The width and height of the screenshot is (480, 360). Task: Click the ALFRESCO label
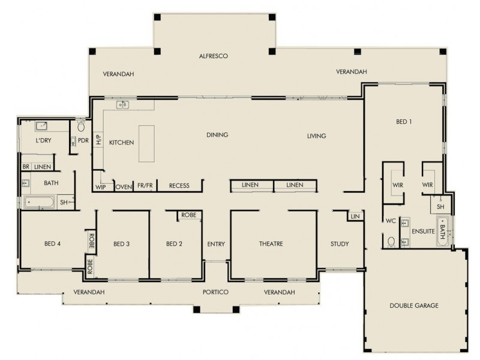[214, 56]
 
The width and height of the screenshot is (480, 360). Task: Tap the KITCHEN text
[121, 142]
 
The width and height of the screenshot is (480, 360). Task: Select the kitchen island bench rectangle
[146, 143]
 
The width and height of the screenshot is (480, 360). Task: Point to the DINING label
[217, 135]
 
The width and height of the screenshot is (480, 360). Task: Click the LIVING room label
[316, 136]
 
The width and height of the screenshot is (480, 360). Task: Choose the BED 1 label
[404, 121]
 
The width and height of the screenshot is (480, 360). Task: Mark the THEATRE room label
[271, 244]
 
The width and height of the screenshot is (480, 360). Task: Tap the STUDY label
[340, 244]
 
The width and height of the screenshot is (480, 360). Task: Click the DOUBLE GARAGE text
[414, 305]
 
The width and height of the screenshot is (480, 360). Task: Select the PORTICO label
[215, 292]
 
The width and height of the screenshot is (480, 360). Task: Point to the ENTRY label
[215, 244]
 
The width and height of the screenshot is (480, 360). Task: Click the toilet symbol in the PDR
[81, 127]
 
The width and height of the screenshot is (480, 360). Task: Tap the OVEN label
[124, 186]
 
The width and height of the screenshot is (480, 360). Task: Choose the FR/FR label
[145, 186]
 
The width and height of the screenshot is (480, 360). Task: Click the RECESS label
[179, 186]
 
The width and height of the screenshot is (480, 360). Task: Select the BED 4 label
[53, 244]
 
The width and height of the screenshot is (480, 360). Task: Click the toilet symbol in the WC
[391, 242]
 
